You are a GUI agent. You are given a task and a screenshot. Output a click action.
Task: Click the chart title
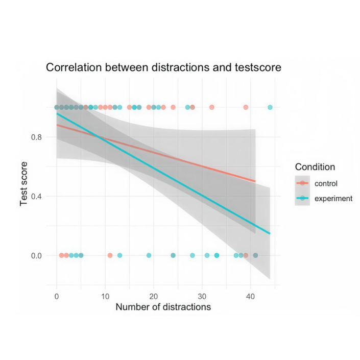tap(163, 67)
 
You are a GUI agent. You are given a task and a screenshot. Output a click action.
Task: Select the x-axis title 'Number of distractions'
tap(163, 307)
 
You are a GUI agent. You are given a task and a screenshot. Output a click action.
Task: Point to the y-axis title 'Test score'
tap(24, 182)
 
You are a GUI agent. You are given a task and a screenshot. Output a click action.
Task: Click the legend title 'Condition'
tap(315, 167)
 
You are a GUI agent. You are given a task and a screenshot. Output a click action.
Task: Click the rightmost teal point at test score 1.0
tap(270, 107)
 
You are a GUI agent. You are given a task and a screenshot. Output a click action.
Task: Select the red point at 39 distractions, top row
tap(246, 107)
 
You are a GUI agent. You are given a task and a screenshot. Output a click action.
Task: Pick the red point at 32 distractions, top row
tap(212, 107)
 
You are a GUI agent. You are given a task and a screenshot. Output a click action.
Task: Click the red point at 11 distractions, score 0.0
tap(110, 255)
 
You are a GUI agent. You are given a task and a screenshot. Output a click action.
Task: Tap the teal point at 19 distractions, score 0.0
tap(149, 255)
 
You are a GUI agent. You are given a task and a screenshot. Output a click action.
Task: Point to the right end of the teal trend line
tap(270, 234)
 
